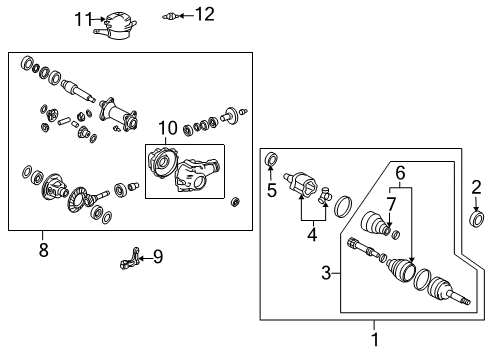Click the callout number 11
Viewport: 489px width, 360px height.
84,17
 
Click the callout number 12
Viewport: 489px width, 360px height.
204,14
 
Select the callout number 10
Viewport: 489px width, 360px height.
166,128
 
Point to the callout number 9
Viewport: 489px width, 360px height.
157,258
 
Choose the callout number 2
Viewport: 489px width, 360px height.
476,186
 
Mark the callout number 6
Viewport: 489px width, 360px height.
399,173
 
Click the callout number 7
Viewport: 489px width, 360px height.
390,204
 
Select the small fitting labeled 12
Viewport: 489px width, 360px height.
173,15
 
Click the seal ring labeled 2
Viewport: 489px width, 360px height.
476,218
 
